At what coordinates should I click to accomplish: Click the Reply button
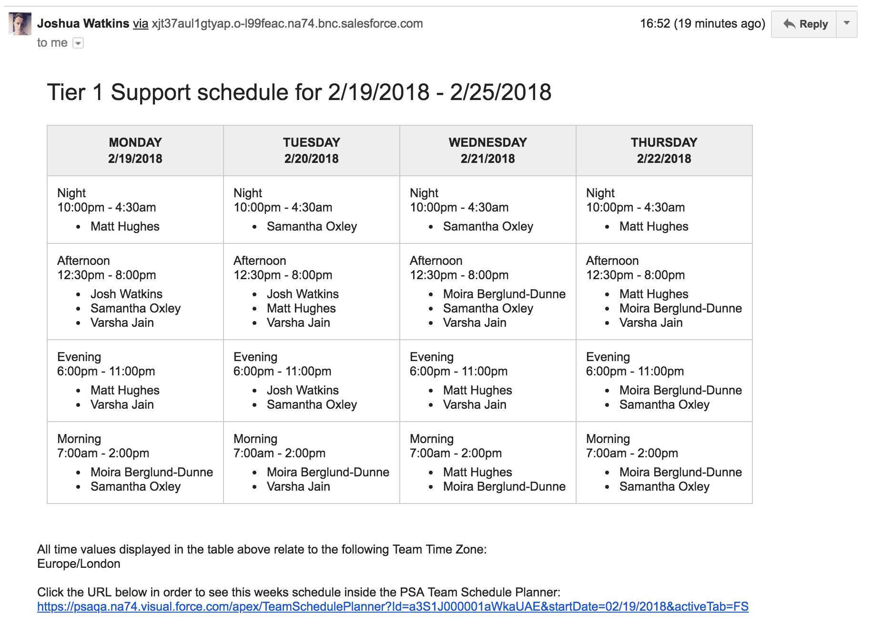(805, 24)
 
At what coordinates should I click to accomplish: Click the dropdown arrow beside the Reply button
(847, 23)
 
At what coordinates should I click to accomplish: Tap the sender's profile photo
(20, 24)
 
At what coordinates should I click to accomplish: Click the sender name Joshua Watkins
(83, 23)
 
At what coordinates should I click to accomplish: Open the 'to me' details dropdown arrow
(78, 43)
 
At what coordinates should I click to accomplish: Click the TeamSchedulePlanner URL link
(393, 606)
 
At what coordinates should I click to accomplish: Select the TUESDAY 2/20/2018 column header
(311, 151)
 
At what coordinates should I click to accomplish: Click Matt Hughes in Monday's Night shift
(125, 226)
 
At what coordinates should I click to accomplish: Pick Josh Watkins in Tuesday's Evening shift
(303, 390)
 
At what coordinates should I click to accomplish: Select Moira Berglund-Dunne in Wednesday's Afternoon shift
(504, 294)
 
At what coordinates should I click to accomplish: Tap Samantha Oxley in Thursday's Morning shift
(664, 486)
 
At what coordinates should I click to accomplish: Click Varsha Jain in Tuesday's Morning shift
(298, 486)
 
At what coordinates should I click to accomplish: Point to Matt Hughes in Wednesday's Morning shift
(477, 472)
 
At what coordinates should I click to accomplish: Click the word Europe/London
(79, 564)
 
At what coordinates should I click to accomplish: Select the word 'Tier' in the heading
(66, 92)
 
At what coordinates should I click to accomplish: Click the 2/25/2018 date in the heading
(500, 92)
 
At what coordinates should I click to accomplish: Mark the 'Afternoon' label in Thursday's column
(612, 261)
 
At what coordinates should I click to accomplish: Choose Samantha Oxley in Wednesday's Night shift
(488, 226)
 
